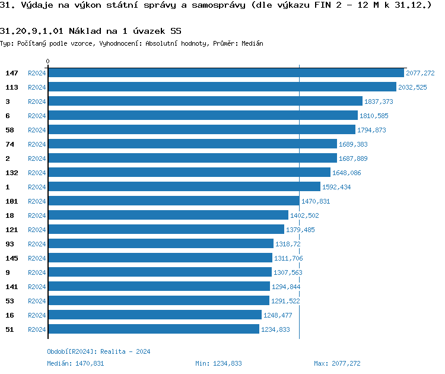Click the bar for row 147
pyautogui.click(x=225, y=73)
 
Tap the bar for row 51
pyautogui.click(x=153, y=329)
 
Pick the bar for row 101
pyautogui.click(x=173, y=201)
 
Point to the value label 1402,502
pyautogui.click(x=304, y=215)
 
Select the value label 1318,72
pyautogui.click(x=288, y=244)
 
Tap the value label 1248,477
pyautogui.click(x=278, y=315)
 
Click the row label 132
pyautogui.click(x=12, y=173)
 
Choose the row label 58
pyautogui.click(x=9, y=130)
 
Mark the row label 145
pyautogui.click(x=12, y=258)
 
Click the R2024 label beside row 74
pyautogui.click(x=37, y=144)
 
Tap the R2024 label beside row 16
pyautogui.click(x=37, y=315)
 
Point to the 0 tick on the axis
pyautogui.click(x=48, y=61)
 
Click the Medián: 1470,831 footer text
pyautogui.click(x=75, y=363)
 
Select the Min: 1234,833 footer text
pyautogui.click(x=218, y=363)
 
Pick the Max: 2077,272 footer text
pyautogui.click(x=337, y=363)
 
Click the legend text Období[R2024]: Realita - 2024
pyautogui.click(x=98, y=351)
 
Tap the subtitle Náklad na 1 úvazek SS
pyautogui.click(x=125, y=31)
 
